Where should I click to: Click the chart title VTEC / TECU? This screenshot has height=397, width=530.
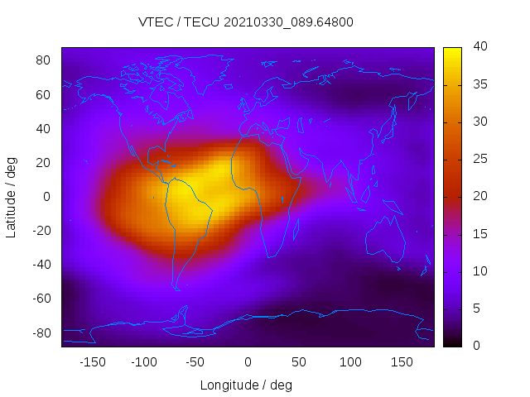coord(246,22)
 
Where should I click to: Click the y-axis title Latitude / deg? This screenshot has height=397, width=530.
coord(12,197)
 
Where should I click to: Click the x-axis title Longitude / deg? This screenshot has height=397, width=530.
coord(246,385)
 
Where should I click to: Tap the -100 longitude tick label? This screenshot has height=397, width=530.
coord(143,361)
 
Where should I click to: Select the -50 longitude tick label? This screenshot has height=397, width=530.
coord(195,361)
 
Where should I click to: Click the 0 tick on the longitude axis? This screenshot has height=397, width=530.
coord(248,361)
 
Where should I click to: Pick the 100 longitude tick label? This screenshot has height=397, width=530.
coord(350,361)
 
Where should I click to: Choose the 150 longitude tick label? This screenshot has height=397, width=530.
coord(402,361)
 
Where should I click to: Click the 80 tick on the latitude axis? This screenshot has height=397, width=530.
coord(44,60)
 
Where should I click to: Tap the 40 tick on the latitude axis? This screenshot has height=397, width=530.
coord(44,128)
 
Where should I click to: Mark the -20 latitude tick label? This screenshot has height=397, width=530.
coord(41,231)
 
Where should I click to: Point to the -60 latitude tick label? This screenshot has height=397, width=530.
coord(41,299)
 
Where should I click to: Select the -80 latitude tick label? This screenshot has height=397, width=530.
coord(41,332)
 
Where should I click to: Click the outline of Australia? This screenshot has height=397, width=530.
coord(386,240)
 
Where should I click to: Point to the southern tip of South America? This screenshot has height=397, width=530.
coord(176,288)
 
